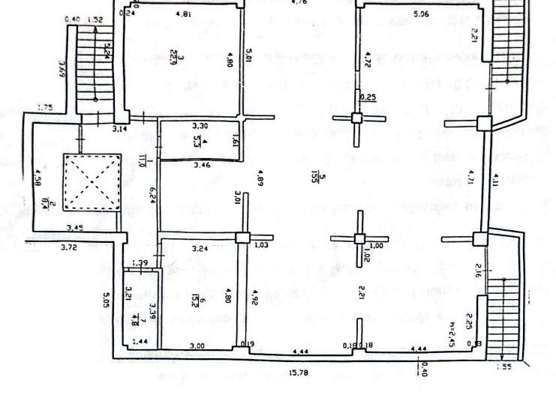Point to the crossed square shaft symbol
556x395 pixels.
[x=92, y=182]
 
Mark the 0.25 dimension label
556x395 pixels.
[x=368, y=97]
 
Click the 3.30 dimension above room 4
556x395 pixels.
[x=200, y=126]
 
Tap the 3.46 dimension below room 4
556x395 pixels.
[x=201, y=163]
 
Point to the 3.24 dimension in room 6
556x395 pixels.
[x=200, y=248]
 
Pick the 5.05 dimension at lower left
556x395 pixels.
[x=107, y=301]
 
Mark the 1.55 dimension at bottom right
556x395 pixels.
[x=507, y=367]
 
